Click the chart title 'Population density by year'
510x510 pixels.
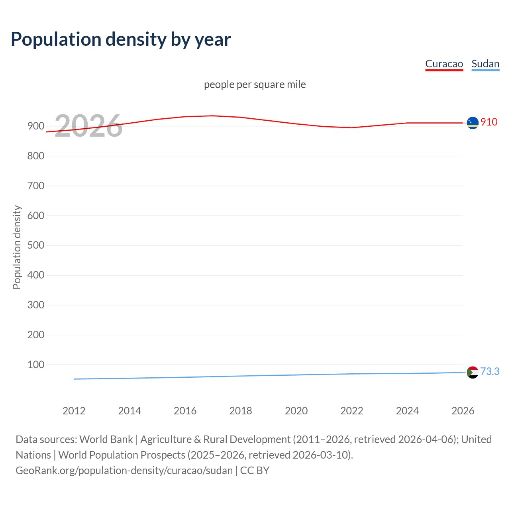pyautogui.click(x=121, y=39)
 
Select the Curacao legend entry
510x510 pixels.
pyautogui.click(x=444, y=64)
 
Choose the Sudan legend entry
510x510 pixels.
pyautogui.click(x=485, y=64)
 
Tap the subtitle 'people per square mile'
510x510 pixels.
pyautogui.click(x=255, y=84)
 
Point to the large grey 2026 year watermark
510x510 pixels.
pyautogui.click(x=88, y=126)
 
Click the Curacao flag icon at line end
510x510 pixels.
pyautogui.click(x=473, y=123)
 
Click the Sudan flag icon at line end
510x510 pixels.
pyautogui.click(x=473, y=372)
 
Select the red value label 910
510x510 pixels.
pyautogui.click(x=489, y=122)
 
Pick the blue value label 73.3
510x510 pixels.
pyautogui.click(x=490, y=371)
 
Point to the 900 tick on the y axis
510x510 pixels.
pyautogui.click(x=35, y=126)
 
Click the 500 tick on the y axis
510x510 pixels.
pyautogui.click(x=35, y=245)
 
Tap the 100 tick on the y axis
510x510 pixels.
pyautogui.click(x=35, y=365)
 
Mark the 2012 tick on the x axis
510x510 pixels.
pyautogui.click(x=74, y=411)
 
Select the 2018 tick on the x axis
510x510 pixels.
pyautogui.click(x=241, y=411)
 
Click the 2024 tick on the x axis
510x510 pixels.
pyautogui.click(x=407, y=411)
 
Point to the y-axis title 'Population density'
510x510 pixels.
pyautogui.click(x=17, y=247)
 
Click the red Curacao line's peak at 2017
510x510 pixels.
pyautogui.click(x=213, y=116)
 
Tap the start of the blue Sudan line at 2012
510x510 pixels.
pyautogui.click(x=75, y=379)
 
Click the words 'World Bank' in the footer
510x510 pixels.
pyautogui.click(x=106, y=439)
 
